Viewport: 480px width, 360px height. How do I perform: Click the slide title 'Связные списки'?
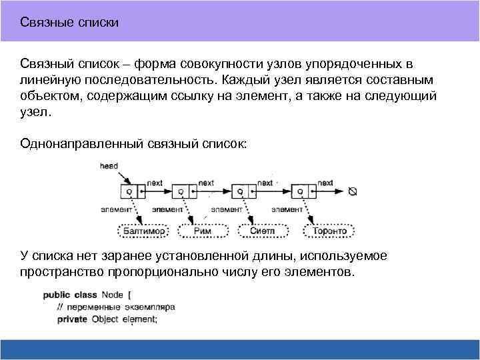(x=69, y=23)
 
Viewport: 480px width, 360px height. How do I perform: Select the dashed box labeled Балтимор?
(x=143, y=231)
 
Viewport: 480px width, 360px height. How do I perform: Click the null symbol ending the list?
(x=353, y=191)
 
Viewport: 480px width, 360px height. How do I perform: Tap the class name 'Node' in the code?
(x=112, y=295)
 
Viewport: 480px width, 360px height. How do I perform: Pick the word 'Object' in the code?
(x=105, y=319)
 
